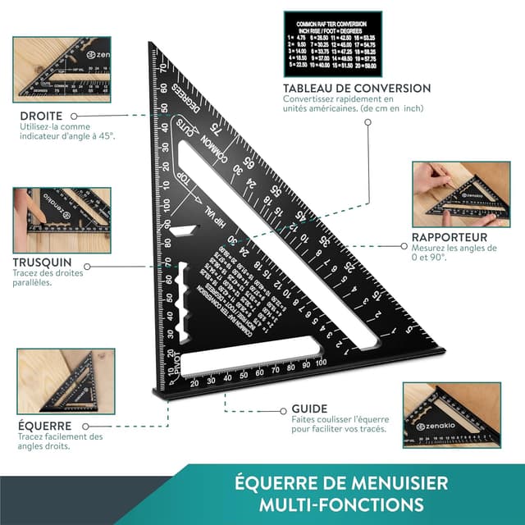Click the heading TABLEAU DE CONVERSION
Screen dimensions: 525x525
[356, 88]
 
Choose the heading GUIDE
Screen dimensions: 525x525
[309, 409]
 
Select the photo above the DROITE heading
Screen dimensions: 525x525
[61, 70]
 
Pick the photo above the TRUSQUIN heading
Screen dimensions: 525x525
[61, 220]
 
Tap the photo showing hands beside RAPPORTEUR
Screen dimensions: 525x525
[455, 194]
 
